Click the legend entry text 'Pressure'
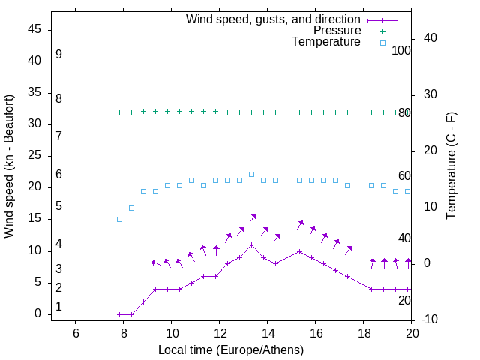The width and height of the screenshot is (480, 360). pos(337,31)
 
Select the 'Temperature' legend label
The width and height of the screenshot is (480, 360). pos(326,42)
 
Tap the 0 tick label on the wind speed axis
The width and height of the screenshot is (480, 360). pos(40,314)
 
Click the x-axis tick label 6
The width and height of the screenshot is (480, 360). pos(76,333)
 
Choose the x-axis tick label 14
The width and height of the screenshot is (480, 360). pos(268,333)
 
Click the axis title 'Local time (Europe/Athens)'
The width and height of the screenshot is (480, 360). pos(231,349)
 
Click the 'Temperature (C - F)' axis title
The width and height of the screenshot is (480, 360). pos(451,166)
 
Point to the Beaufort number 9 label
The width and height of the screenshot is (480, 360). pos(58,55)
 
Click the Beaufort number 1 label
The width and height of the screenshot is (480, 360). pos(58,307)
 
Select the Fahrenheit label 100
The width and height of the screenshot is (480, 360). pos(401,50)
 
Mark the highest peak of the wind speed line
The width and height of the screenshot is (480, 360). pos(252,244)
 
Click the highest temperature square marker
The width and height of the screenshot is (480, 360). pos(252,174)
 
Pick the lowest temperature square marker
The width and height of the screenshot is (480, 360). pos(119,219)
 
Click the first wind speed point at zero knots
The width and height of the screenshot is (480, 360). pos(119,314)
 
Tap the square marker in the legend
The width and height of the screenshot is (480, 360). pos(382,43)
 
